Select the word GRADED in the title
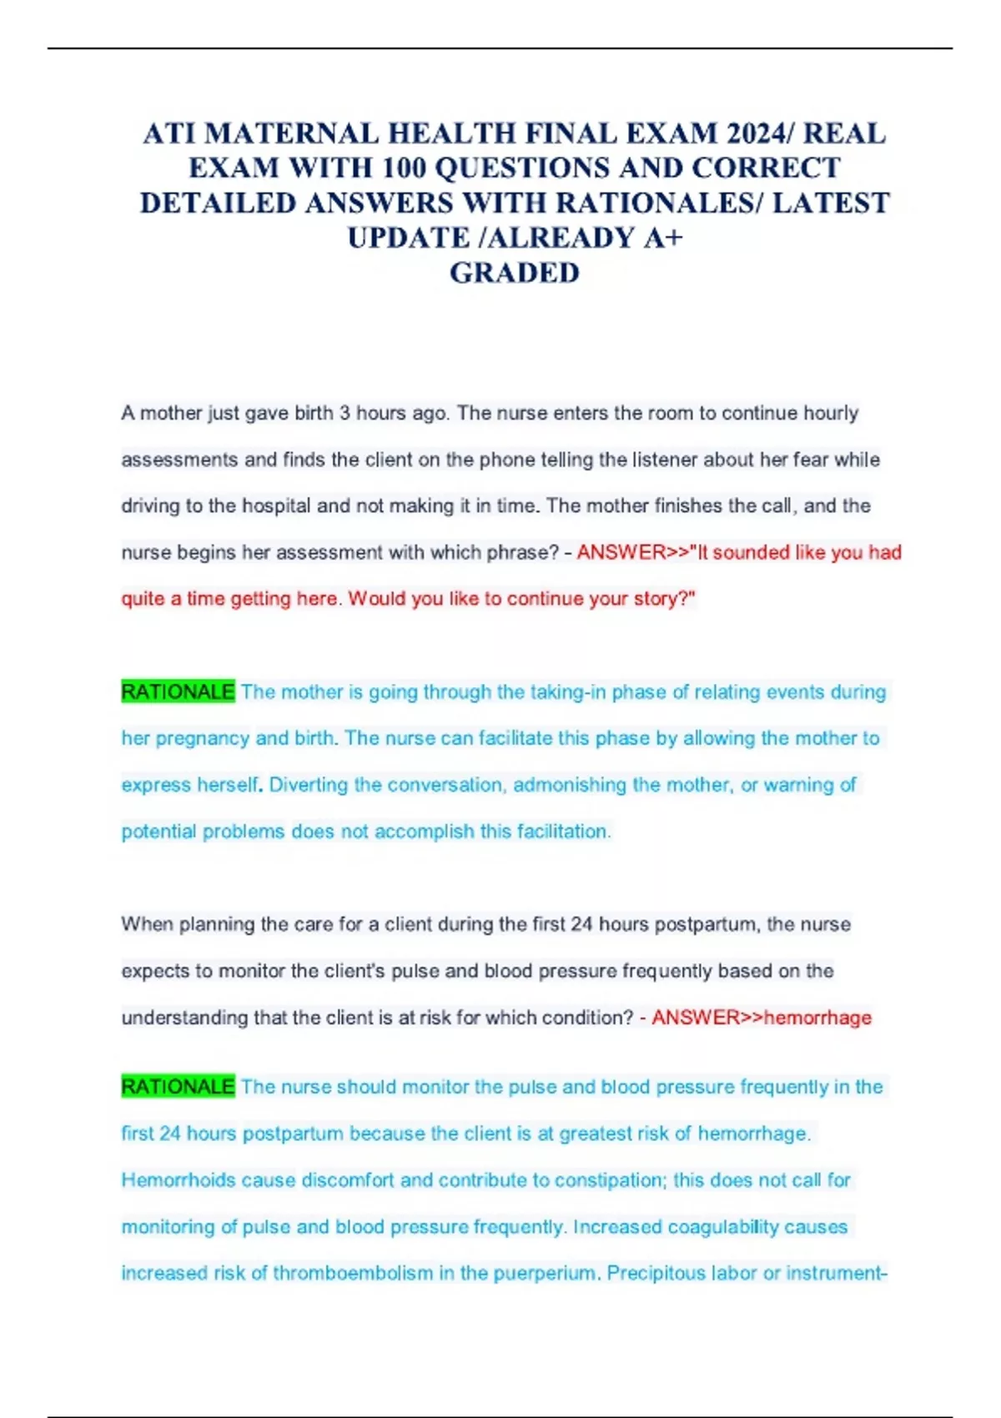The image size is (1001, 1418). (x=514, y=274)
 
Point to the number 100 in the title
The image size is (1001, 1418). (x=405, y=168)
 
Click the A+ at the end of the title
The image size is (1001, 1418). (x=663, y=239)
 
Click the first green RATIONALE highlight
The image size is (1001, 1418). (x=178, y=692)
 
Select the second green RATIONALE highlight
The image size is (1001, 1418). (x=178, y=1087)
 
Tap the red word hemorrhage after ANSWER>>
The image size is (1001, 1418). (x=817, y=1018)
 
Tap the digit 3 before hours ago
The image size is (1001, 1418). (x=345, y=414)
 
